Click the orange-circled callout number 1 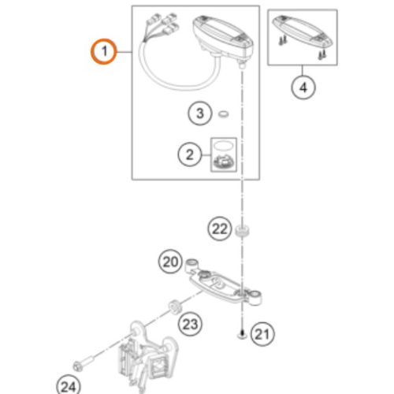tap(104, 51)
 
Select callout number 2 tap(190, 154)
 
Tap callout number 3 tap(200, 113)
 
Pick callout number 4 tap(303, 87)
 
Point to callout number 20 tap(170, 262)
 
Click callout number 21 tap(262, 334)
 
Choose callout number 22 tap(220, 229)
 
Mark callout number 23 tap(190, 324)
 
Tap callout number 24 tap(69, 386)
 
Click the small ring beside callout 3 tap(224, 114)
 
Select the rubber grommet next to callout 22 tap(242, 230)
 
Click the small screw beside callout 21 tap(242, 335)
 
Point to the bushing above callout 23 tap(174, 307)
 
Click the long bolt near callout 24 tap(84, 362)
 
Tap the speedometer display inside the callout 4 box tap(303, 32)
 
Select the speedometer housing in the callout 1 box tap(223, 37)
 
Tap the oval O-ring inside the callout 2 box tap(223, 145)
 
